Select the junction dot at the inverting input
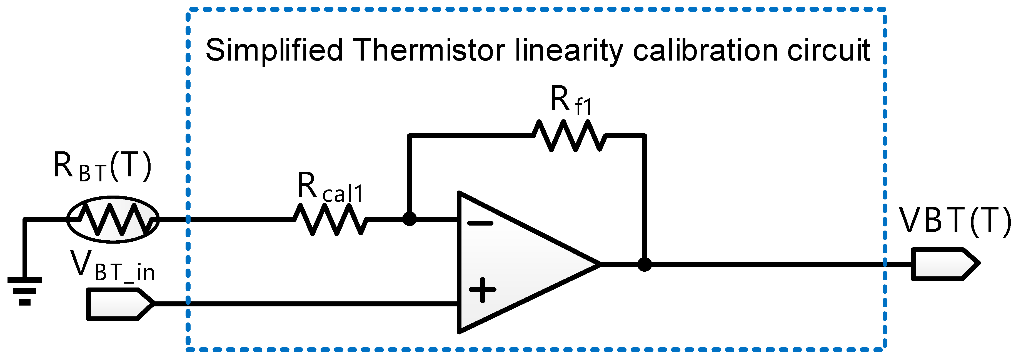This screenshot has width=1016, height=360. click(410, 219)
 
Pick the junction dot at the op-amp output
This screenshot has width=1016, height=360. click(645, 264)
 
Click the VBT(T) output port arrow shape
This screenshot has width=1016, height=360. click(945, 264)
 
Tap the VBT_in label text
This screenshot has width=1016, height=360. click(113, 266)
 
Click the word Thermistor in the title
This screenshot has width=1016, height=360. click(429, 51)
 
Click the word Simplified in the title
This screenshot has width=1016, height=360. click(274, 51)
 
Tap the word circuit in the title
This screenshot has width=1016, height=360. click(828, 51)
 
